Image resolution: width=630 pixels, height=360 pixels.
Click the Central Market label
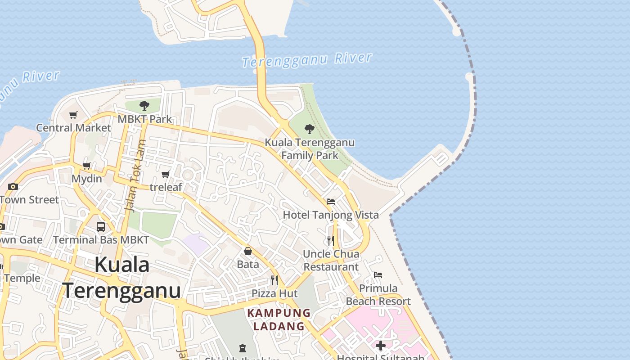pyautogui.click(x=73, y=128)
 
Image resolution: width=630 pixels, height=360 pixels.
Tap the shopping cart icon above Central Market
pyautogui.click(x=73, y=115)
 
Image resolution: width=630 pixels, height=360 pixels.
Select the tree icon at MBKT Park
pyautogui.click(x=144, y=106)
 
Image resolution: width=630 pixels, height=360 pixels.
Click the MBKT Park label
pyautogui.click(x=145, y=119)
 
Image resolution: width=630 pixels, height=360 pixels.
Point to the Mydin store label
pyautogui.click(x=87, y=179)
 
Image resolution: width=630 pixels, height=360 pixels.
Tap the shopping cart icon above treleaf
pyautogui.click(x=165, y=174)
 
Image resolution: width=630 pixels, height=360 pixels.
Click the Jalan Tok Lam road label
pyautogui.click(x=135, y=176)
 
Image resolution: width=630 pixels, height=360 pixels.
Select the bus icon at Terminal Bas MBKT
pyautogui.click(x=101, y=227)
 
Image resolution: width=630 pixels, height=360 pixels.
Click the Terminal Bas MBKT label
pyautogui.click(x=101, y=240)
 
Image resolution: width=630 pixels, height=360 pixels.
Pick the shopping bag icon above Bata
pyautogui.click(x=248, y=251)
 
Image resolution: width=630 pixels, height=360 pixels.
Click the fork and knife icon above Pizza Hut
pyautogui.click(x=274, y=280)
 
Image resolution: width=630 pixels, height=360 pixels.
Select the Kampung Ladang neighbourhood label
pyautogui.click(x=279, y=319)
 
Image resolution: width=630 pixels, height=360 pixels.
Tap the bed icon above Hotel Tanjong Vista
pyautogui.click(x=331, y=202)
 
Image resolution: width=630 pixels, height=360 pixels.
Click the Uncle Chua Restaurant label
pyautogui.click(x=331, y=260)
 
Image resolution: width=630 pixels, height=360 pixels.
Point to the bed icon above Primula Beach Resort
pyautogui.click(x=378, y=275)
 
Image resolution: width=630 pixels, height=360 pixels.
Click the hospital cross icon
pyautogui.click(x=381, y=346)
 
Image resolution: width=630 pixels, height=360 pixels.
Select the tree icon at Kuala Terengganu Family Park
pyautogui.click(x=309, y=129)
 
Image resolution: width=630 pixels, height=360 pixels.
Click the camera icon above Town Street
pyautogui.click(x=13, y=186)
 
